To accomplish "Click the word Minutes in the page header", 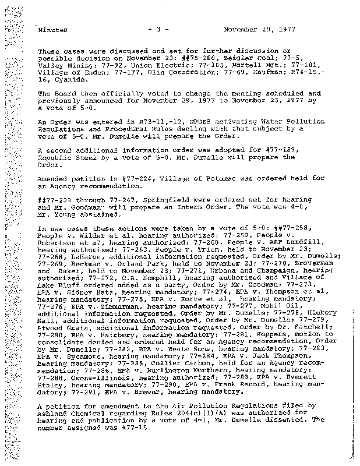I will [52, 29].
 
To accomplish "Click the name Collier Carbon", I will [143, 365].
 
